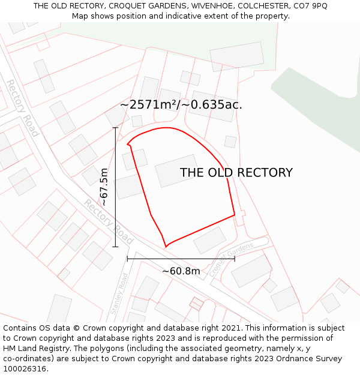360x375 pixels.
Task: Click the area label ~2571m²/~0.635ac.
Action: (181, 104)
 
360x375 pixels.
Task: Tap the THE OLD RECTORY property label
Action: (236, 173)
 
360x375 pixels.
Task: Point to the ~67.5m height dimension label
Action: (104, 187)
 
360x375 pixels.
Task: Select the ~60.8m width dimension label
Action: (181, 271)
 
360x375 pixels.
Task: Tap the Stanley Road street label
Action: (119, 294)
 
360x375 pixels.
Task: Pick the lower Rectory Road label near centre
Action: (108, 217)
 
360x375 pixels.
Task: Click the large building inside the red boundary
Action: (176, 171)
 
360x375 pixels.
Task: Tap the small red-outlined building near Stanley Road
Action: (196, 304)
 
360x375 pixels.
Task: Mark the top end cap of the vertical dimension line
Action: (115, 127)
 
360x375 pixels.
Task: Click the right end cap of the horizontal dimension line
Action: (235, 259)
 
